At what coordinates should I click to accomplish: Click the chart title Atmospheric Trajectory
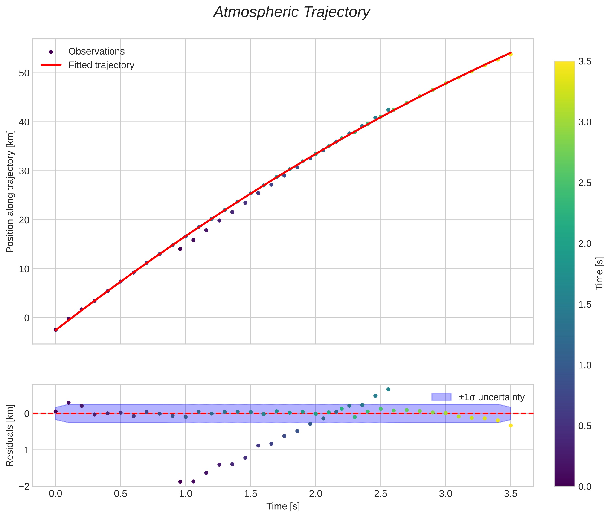292,12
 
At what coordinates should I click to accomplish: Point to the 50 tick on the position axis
24,73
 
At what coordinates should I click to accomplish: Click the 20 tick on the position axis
24,220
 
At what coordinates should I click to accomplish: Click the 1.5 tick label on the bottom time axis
251,494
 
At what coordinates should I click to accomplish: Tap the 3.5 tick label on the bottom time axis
511,494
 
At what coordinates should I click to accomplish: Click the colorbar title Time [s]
600,273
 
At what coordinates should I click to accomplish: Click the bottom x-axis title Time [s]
283,506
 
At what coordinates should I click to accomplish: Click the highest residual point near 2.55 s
388,389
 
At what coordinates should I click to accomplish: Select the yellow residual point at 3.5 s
511,426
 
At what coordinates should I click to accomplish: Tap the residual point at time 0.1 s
69,403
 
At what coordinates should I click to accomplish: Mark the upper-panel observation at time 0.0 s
55,330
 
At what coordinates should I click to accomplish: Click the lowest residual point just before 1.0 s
180,482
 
